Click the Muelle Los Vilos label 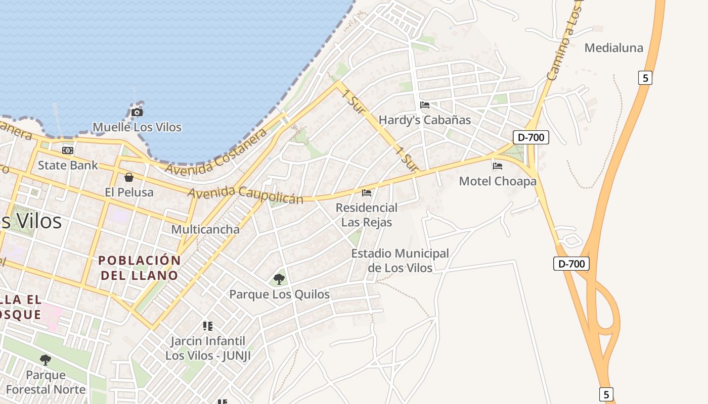point(137,127)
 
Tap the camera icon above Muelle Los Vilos point(137,112)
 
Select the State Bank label point(68,165)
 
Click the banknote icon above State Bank point(68,150)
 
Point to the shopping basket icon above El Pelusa point(129,177)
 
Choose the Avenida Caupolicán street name point(246,194)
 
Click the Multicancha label point(205,229)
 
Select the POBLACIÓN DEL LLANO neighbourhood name point(140,268)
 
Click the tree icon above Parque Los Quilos point(279,279)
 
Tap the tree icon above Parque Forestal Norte point(46,360)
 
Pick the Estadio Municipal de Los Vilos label point(400,260)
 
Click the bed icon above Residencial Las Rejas point(367,192)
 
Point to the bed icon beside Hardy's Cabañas point(425,105)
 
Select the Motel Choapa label point(498,181)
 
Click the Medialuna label point(614,48)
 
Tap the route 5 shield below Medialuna point(645,78)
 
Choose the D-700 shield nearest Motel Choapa point(531,137)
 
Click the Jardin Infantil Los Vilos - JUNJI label point(208,348)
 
